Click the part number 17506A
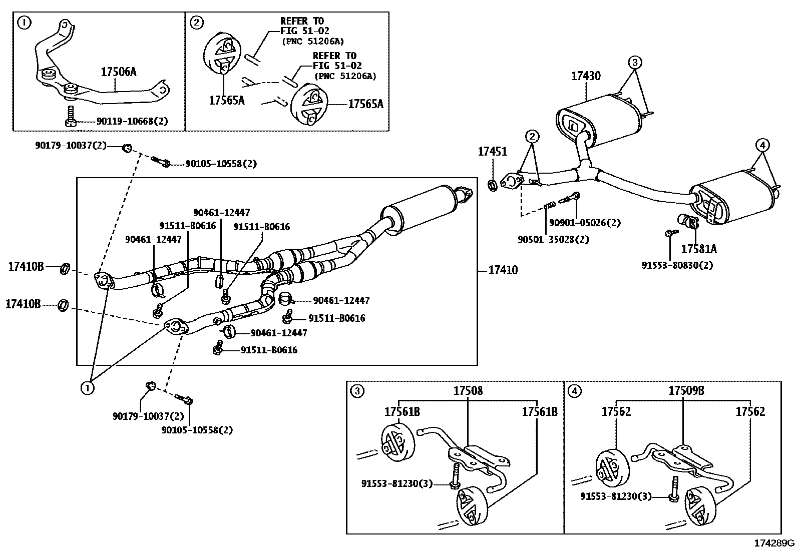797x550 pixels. (x=118, y=72)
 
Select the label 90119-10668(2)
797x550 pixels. (x=125, y=121)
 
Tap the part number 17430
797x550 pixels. (x=586, y=76)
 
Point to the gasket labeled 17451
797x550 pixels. (x=493, y=186)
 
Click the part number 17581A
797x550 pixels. (x=698, y=249)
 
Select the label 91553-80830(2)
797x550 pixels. (x=677, y=265)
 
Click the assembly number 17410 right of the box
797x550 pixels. (x=503, y=270)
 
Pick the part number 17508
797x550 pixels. (x=468, y=391)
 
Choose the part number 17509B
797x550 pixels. (x=686, y=391)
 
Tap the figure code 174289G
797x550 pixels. (x=774, y=543)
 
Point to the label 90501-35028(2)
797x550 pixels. (x=553, y=239)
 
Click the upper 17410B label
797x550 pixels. (x=26, y=267)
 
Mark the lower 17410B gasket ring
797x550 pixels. (x=63, y=304)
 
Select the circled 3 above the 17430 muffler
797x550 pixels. (x=634, y=63)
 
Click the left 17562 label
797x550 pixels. (x=616, y=412)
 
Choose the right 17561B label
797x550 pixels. (x=539, y=412)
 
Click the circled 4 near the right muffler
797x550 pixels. (x=761, y=146)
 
